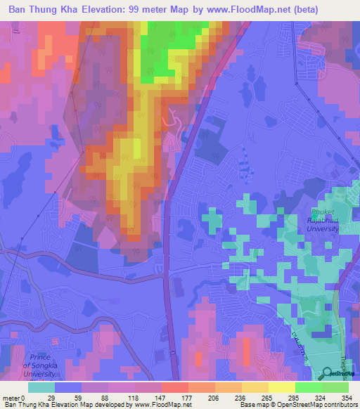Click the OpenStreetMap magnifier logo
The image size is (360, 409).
327,374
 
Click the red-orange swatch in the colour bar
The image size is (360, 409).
174,387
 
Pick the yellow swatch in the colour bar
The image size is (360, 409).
281,387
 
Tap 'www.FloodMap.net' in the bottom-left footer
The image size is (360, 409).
162,405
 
